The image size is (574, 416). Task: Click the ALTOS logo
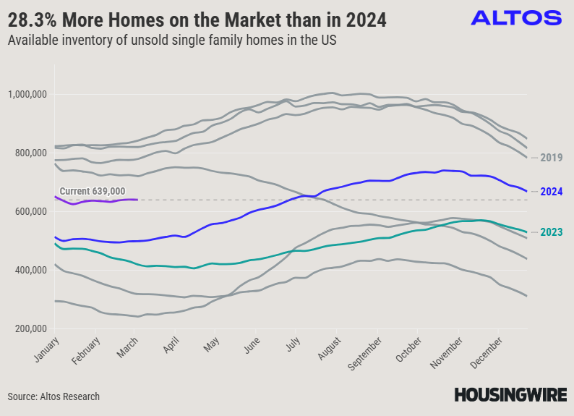pyautogui.click(x=515, y=18)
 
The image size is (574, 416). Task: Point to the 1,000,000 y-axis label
pyautogui.click(x=27, y=94)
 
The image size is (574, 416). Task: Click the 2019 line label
pyautogui.click(x=551, y=158)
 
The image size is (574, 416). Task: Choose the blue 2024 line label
pyautogui.click(x=551, y=192)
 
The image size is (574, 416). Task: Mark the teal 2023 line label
pyautogui.click(x=551, y=232)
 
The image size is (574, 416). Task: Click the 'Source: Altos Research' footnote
pyautogui.click(x=53, y=396)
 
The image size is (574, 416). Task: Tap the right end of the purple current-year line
pyautogui.click(x=137, y=200)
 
